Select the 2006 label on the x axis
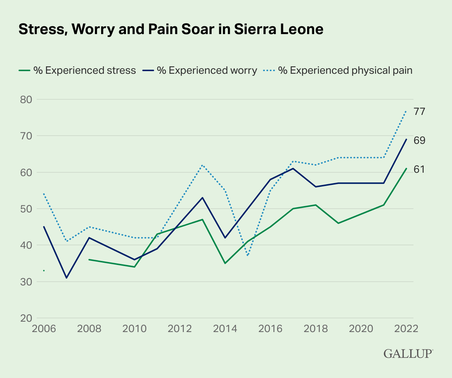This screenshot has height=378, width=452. tap(44, 329)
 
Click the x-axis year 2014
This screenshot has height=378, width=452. tap(225, 329)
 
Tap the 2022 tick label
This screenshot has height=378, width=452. tap(406, 329)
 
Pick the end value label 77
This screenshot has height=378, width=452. tap(419, 112)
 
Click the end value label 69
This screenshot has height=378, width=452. tap(419, 140)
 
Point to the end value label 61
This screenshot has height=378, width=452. tap(419, 170)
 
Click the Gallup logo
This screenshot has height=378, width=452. tap(408, 353)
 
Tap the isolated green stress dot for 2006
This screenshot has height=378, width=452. tap(44, 271)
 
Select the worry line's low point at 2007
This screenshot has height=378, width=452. tap(67, 278)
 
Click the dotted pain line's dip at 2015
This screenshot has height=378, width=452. tap(248, 256)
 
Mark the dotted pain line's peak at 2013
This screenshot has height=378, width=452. tap(203, 165)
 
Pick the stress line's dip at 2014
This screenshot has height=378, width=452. tap(225, 263)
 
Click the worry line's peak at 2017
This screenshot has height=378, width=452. tap(293, 169)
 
